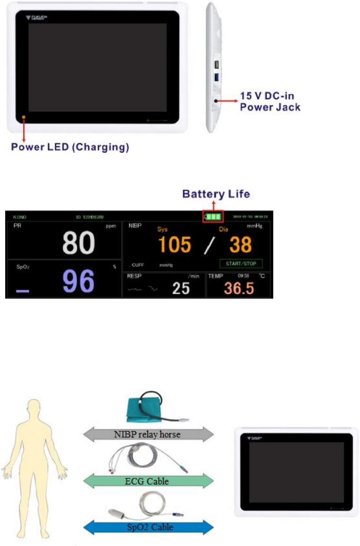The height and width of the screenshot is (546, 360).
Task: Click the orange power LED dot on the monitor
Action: point(24,117)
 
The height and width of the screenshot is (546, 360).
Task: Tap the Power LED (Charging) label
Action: point(70,147)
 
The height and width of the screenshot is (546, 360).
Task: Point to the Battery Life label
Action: point(216,194)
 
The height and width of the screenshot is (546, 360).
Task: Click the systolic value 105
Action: point(174,245)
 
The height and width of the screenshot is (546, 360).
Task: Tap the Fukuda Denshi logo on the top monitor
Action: point(36,19)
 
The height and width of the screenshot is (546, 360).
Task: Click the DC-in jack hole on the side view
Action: point(216,100)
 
